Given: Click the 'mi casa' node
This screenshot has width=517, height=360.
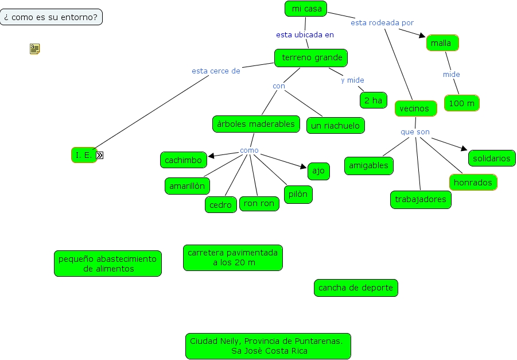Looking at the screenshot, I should coord(306,9).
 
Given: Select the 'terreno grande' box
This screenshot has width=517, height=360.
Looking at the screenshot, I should coord(312,57).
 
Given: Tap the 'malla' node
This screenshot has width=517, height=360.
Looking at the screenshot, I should coord(442,43).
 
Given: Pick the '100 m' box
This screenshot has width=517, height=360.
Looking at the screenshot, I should coord(461,103).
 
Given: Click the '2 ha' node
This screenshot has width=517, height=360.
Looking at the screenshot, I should coord(373,100).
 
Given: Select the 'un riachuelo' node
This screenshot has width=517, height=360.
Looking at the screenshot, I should coord(336,125).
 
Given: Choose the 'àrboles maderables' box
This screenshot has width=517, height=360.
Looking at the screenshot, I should coord(255,124).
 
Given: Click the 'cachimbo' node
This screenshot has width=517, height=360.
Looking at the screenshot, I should coord(183,160).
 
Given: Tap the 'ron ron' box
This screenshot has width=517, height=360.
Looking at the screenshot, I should coord(259,203).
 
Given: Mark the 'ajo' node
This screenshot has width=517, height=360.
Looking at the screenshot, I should coord(318,171).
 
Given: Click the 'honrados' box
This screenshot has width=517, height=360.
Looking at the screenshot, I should coord(473,182).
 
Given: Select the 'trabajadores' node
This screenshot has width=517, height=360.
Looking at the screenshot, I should coord(421,199).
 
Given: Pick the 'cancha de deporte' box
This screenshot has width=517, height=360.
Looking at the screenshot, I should coord(356,288).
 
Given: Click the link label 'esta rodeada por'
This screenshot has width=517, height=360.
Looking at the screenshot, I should coord(382,23).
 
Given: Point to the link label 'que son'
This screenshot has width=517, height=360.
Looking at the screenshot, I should coord(415,132).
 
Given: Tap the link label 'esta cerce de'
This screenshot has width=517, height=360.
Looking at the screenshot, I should coord(216,71).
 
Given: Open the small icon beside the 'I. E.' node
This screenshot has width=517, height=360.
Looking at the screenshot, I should coord(100,155).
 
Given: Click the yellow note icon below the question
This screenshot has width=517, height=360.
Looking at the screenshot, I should coord(34,49).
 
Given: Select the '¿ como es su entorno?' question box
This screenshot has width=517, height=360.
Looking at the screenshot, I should coord(51,17).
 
